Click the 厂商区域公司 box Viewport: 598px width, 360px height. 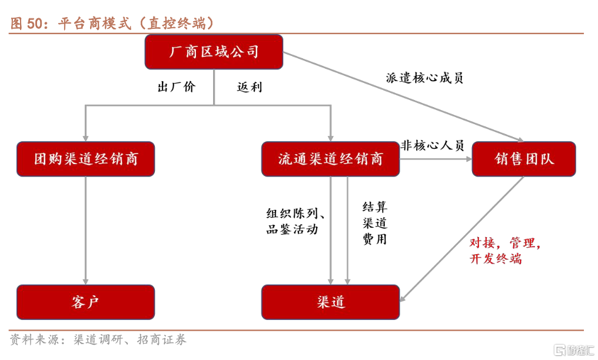214,52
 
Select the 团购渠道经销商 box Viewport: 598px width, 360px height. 85,159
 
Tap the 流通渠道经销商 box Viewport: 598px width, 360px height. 330,159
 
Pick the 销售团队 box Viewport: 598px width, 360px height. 523,159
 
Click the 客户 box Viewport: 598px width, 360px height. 85,302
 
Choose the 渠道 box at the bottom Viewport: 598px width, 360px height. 330,302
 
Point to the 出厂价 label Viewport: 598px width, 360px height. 177,87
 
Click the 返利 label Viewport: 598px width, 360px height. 250,87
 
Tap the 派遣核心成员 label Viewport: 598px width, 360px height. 424,78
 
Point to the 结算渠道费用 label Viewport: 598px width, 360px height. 375,223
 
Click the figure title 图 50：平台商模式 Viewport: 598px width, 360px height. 112,24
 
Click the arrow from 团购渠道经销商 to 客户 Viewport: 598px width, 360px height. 86,229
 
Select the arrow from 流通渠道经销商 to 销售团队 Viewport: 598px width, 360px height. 436,159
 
